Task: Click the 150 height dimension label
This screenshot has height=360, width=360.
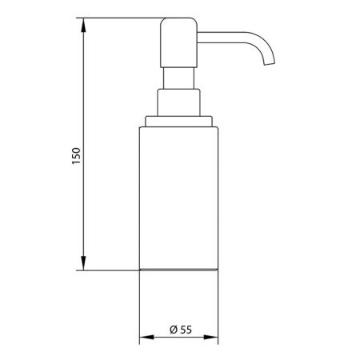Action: [76, 156]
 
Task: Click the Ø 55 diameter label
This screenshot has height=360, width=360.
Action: [181, 330]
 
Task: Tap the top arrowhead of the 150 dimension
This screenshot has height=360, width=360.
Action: [83, 25]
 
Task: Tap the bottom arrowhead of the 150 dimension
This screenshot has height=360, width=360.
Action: [83, 263]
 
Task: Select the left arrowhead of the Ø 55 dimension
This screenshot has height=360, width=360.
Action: [146, 338]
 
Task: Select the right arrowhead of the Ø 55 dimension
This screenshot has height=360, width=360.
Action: [211, 338]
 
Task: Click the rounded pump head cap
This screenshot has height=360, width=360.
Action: [178, 42]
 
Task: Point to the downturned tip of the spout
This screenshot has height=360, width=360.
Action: [270, 63]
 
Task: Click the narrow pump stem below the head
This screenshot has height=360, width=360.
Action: [178, 78]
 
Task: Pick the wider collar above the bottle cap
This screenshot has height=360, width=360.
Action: [178, 102]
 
